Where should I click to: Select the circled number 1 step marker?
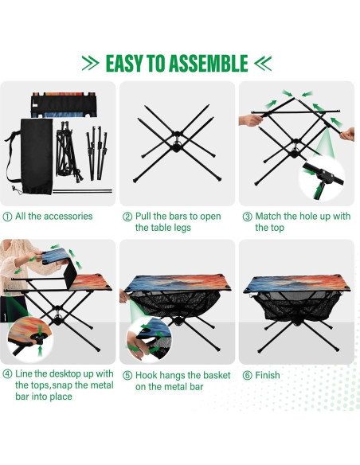click(7, 216)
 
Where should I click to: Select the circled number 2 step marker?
click(127, 216)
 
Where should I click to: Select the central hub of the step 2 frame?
click(177, 146)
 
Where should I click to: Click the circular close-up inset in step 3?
click(323, 175)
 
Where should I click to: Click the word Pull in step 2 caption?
click(145, 216)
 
